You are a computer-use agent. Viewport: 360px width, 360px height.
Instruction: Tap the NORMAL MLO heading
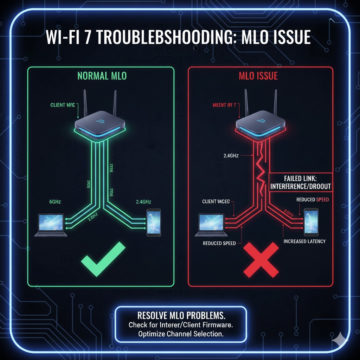click(102, 76)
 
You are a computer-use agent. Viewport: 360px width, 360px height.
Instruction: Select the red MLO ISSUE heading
click(258, 76)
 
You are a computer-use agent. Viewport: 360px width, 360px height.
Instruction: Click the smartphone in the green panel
click(154, 222)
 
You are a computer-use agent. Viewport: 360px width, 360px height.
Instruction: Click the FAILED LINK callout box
click(300, 182)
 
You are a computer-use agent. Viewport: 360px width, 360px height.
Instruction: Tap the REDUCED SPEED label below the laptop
click(217, 243)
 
